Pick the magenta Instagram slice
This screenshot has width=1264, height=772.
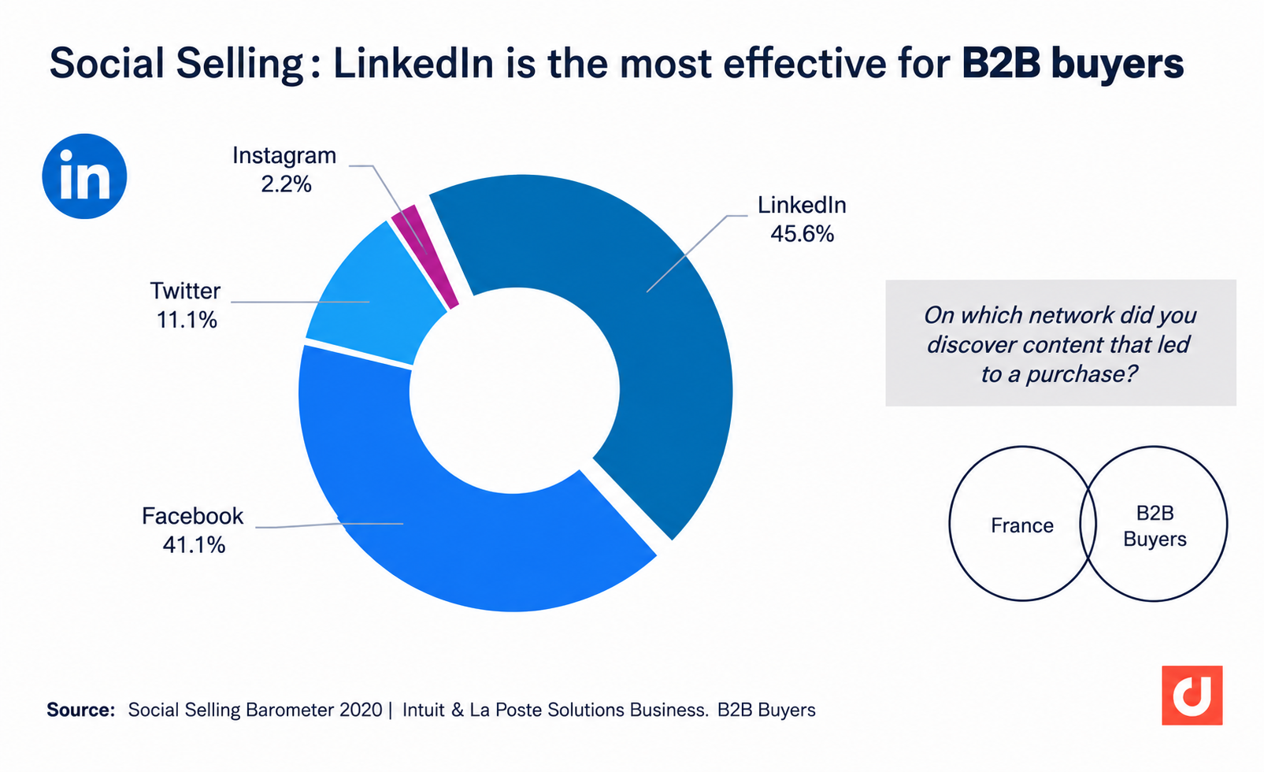tap(427, 254)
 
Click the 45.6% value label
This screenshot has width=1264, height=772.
tap(802, 234)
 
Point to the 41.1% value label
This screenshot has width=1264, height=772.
tap(194, 545)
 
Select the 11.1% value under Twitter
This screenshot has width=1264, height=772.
tap(186, 321)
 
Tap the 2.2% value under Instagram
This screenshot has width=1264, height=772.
tap(286, 184)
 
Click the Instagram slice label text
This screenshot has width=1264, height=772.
tap(284, 156)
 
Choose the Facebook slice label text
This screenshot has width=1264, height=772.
tap(192, 516)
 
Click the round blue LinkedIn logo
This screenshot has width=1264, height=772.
tap(84, 176)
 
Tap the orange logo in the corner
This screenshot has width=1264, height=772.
tap(1192, 696)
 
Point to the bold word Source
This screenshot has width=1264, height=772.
tap(81, 710)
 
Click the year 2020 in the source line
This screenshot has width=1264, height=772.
tap(361, 710)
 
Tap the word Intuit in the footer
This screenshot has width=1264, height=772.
tap(424, 710)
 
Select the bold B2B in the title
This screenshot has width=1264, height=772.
tap(1001, 63)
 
